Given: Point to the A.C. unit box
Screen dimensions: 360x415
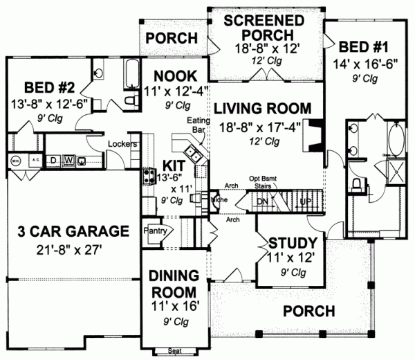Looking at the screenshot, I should tap(33, 159).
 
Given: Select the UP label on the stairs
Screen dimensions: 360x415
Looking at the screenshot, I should tap(305, 201).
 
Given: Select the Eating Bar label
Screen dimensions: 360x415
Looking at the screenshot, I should tap(198, 125).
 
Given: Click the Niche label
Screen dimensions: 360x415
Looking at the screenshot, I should tap(221, 201).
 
